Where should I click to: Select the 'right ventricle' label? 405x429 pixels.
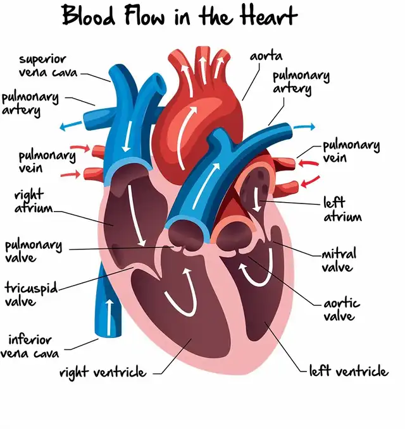point(103,372)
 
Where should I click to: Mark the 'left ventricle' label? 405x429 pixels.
point(348,371)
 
